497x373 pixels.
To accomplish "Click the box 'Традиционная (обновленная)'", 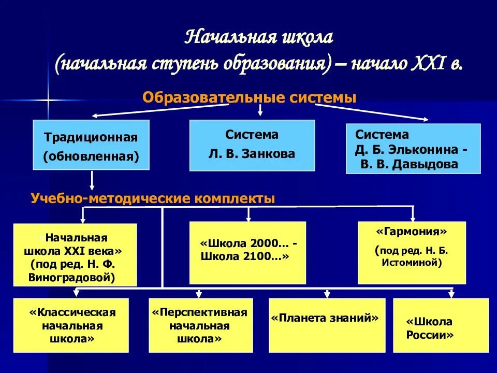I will [91, 145].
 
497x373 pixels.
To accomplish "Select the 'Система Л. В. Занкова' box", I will [252, 146].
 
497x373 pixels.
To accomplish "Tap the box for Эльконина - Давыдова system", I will [413, 149].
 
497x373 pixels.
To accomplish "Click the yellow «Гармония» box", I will [412, 252].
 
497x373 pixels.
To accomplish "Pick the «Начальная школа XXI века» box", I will [75, 254].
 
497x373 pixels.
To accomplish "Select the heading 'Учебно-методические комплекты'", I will [153, 198].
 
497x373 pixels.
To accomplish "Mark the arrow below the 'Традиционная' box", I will [92, 181].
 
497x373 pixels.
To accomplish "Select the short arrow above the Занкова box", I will [260, 110].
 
